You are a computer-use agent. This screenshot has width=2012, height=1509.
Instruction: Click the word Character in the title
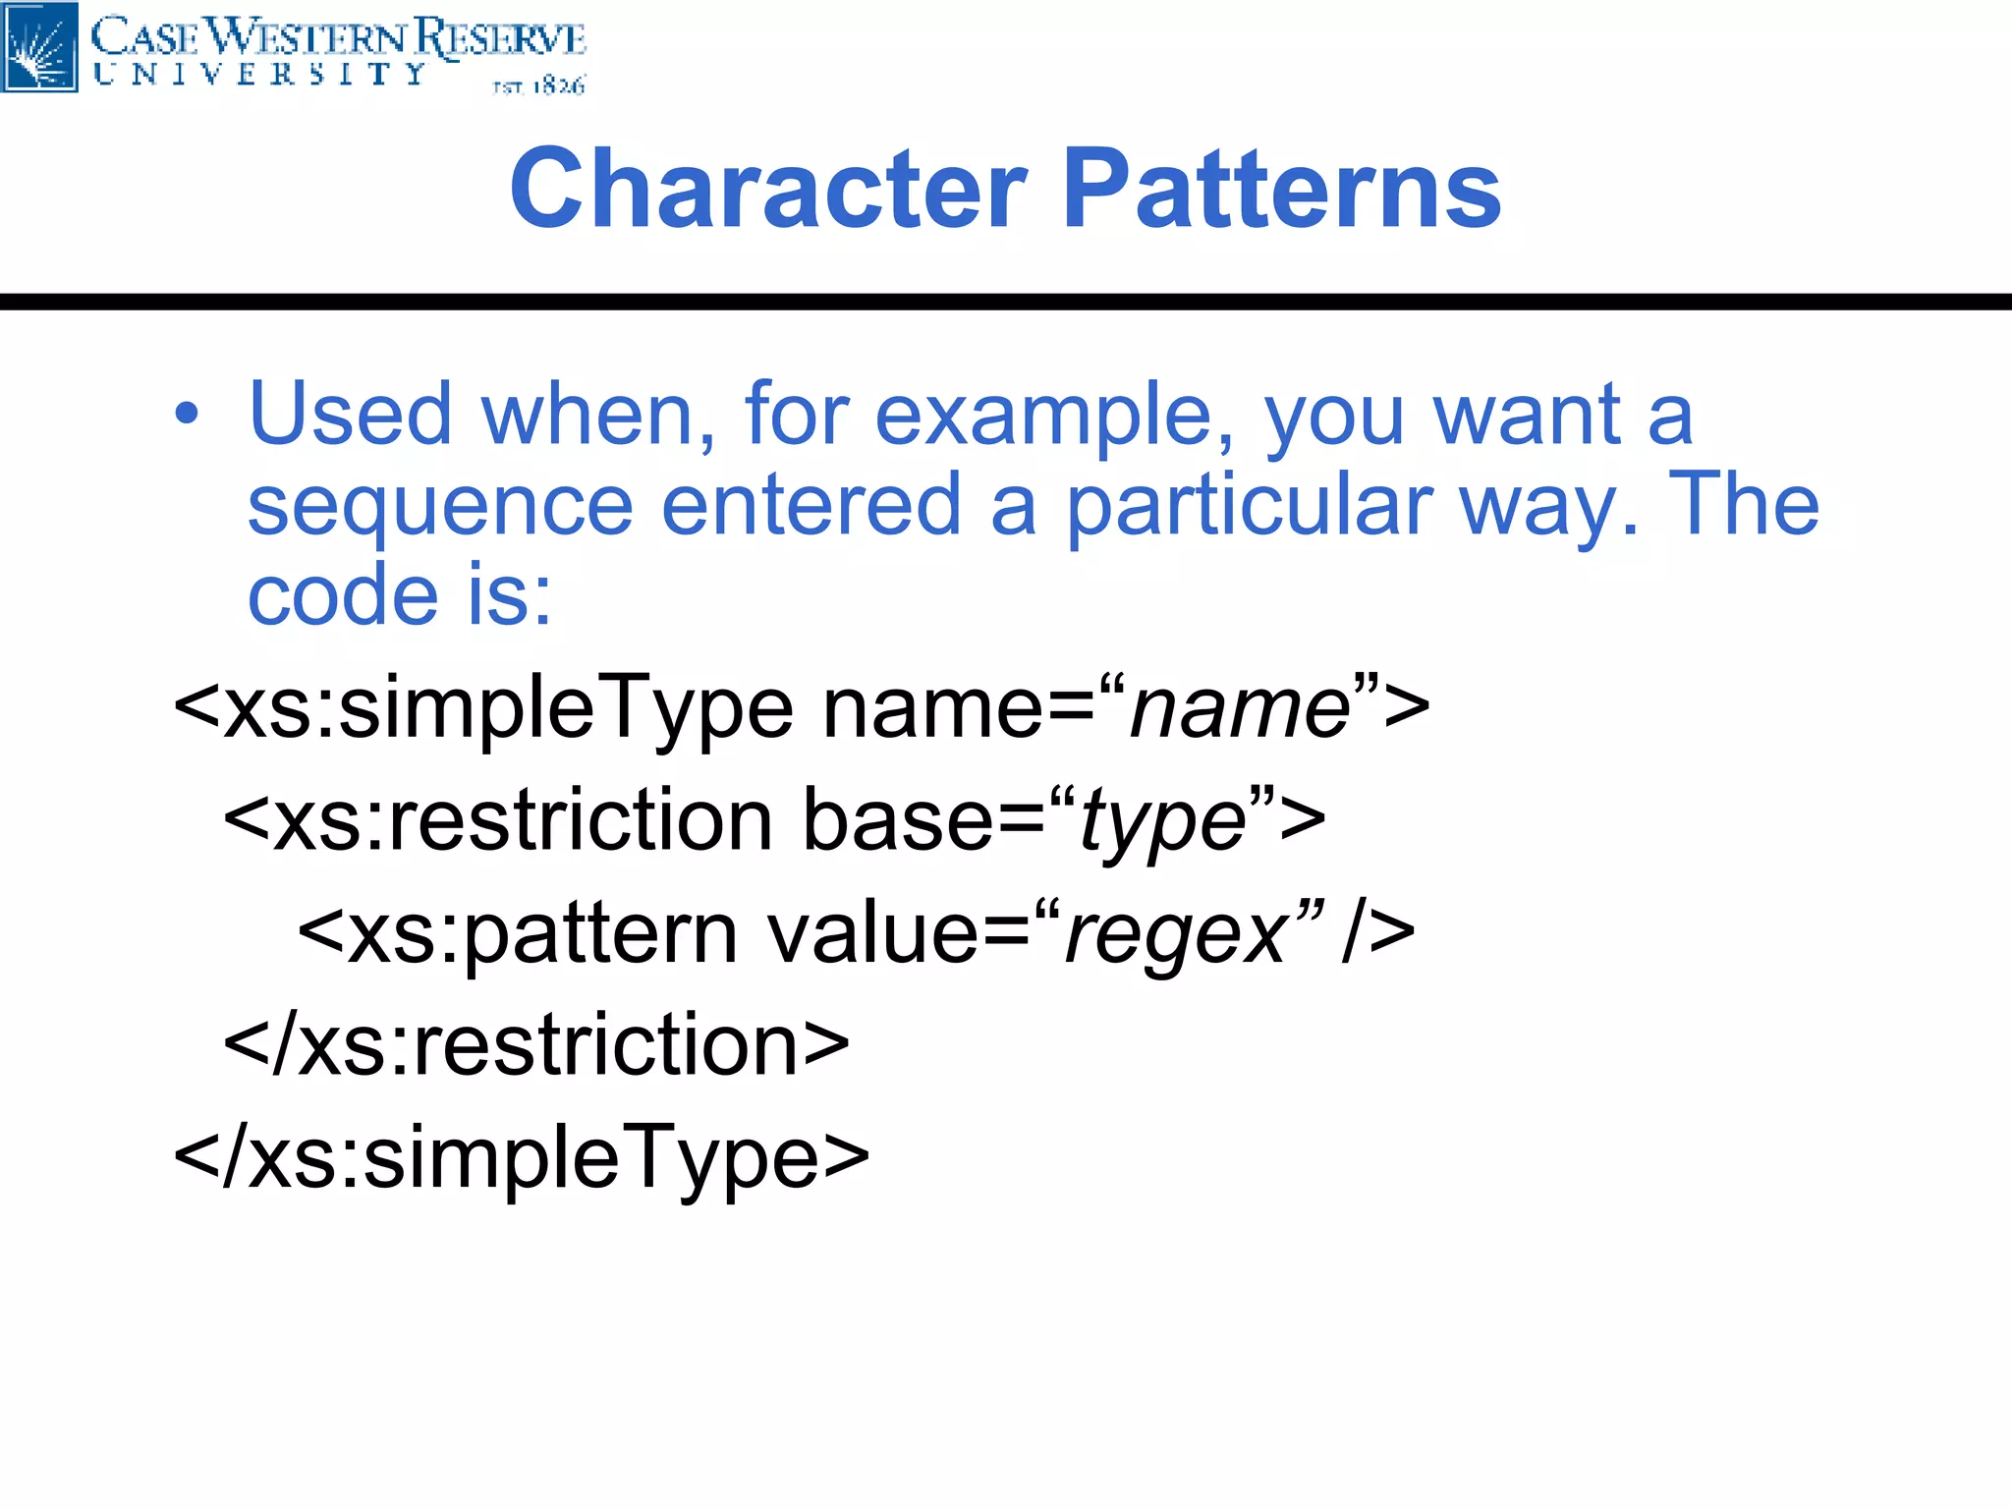click(767, 189)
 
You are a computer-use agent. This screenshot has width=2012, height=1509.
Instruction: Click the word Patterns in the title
click(1281, 189)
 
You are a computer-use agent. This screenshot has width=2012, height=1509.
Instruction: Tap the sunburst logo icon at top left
click(39, 47)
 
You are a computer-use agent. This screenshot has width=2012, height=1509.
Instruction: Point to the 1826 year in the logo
click(557, 86)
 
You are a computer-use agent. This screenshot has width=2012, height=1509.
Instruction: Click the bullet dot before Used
click(186, 415)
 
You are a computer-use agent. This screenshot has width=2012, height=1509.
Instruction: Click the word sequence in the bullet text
click(440, 507)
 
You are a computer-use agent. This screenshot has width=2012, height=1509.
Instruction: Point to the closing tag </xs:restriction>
click(536, 1045)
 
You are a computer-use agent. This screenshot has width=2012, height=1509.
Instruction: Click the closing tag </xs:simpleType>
click(522, 1157)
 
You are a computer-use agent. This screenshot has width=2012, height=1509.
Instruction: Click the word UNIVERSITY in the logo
click(260, 75)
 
